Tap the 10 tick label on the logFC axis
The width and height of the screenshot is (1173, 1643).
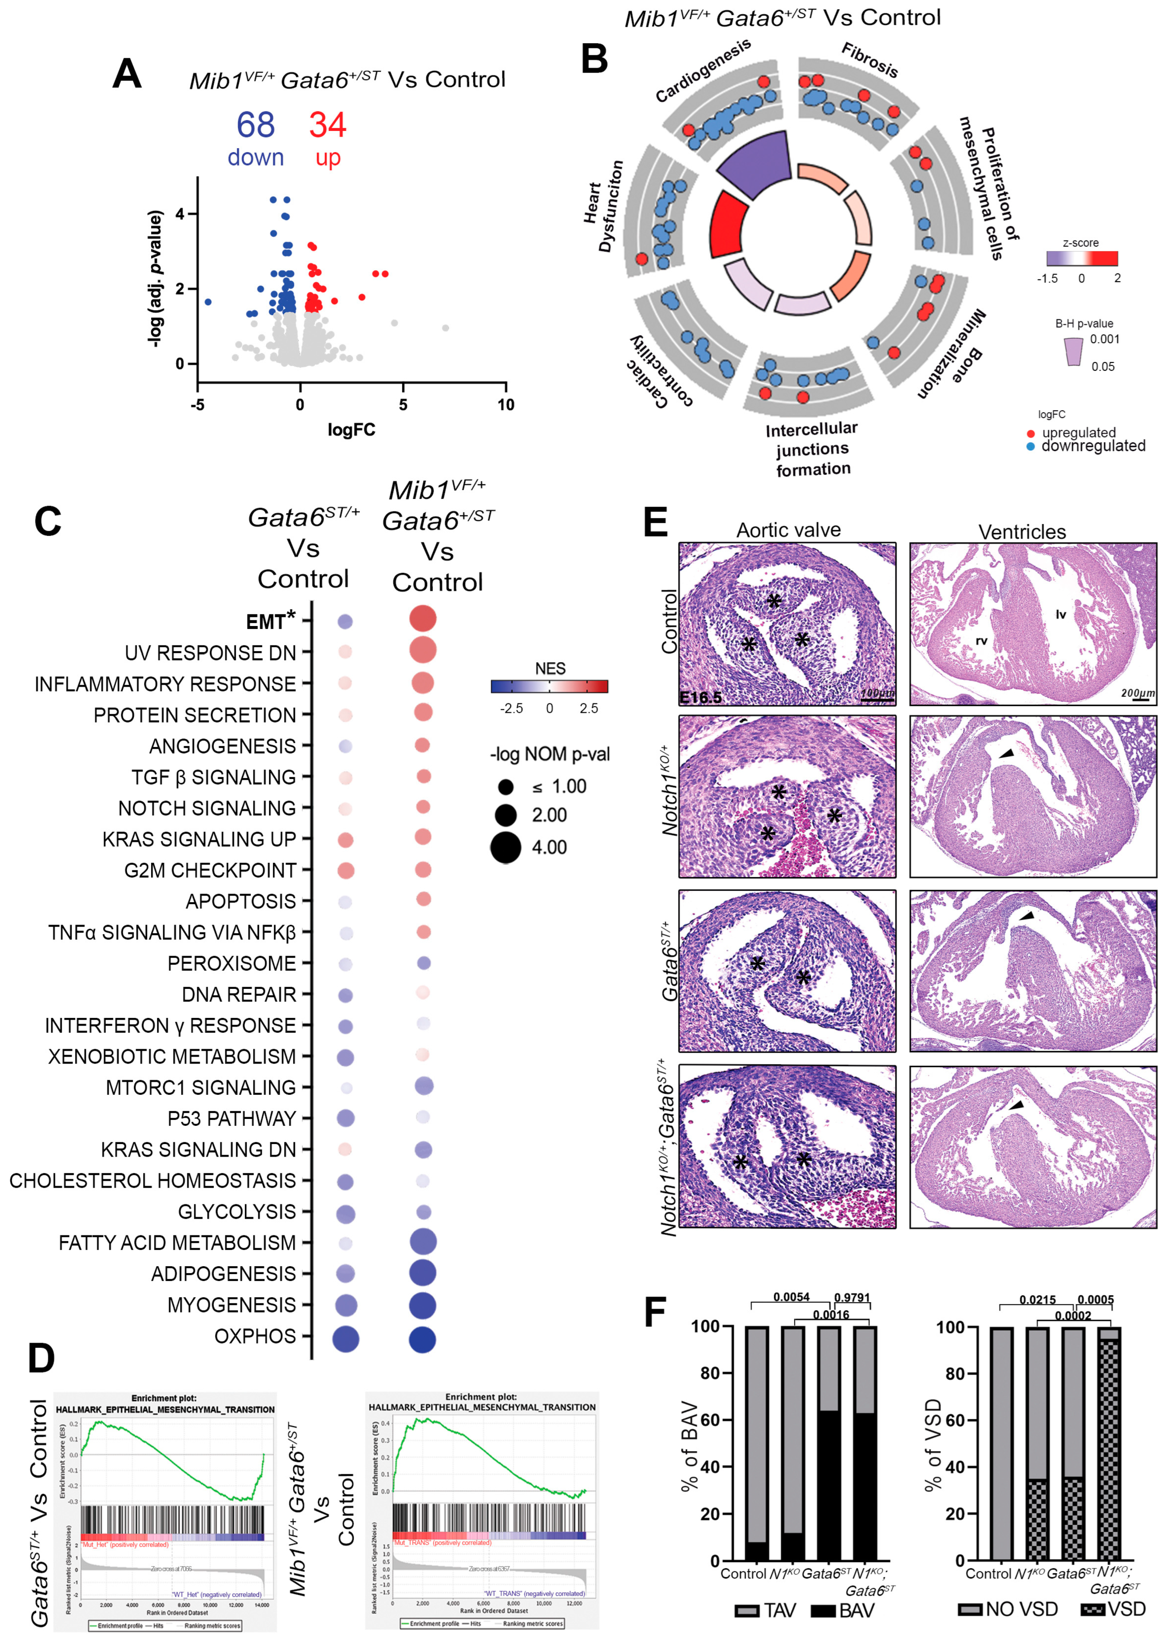pos(506,405)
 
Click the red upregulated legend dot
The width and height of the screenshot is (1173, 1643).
pos(1031,433)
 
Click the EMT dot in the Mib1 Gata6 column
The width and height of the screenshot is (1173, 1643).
pos(422,619)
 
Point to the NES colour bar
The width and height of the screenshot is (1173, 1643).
pos(549,686)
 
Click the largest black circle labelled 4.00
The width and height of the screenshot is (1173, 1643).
pos(506,848)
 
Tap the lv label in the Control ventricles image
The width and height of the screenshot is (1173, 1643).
pos(1060,614)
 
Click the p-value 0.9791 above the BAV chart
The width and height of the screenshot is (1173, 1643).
pos(852,1298)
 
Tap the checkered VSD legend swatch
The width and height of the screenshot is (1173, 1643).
pos(1092,1610)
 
